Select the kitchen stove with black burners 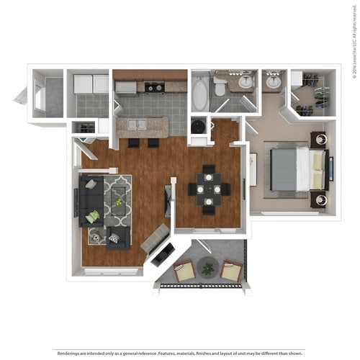pyautogui.click(x=153, y=88)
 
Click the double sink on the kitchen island pyautogui.click(x=136, y=125)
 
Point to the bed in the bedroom pyautogui.click(x=296, y=169)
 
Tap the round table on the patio pyautogui.click(x=208, y=268)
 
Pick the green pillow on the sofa pyautogui.click(x=92, y=215)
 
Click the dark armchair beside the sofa pyautogui.click(x=118, y=237)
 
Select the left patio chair pyautogui.click(x=183, y=271)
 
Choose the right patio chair pyautogui.click(x=231, y=271)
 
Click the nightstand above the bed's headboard pyautogui.click(x=318, y=139)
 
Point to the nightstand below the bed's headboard pyautogui.click(x=318, y=199)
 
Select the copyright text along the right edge pyautogui.click(x=354, y=50)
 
